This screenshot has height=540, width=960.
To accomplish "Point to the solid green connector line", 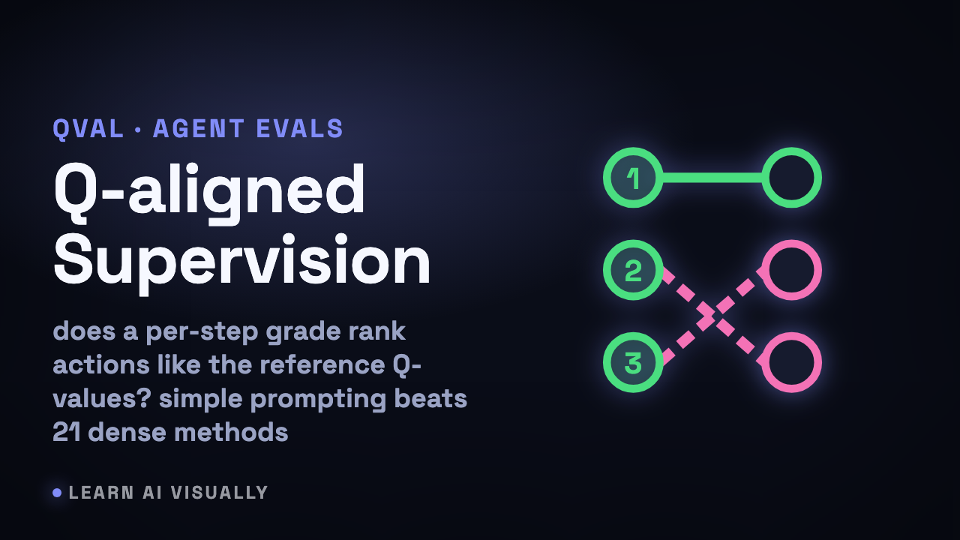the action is [712, 178].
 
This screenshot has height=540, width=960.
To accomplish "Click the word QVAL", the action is [88, 128].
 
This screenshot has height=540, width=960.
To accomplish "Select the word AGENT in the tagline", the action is [199, 128].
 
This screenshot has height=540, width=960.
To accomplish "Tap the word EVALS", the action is [299, 128].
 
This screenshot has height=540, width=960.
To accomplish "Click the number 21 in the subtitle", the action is [67, 432].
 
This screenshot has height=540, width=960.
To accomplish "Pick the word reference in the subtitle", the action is [322, 364].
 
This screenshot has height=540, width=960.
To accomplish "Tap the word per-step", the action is [202, 332].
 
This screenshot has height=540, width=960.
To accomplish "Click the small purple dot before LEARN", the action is [57, 493].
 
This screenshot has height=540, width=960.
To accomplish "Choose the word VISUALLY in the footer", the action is [220, 493].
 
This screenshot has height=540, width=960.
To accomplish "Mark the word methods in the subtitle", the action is [232, 432].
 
